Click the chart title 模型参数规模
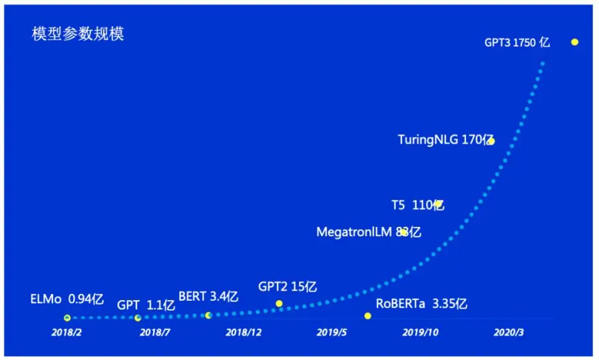[78, 35]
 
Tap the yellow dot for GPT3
[574, 42]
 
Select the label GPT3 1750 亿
[517, 42]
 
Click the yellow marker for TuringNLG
[491, 141]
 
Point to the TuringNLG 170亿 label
[445, 140]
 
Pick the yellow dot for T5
[439, 204]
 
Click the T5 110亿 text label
[417, 205]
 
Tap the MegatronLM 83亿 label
[368, 232]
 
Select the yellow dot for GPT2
[279, 303]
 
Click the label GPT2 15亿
[287, 287]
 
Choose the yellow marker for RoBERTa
[367, 315]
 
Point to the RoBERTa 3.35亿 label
[421, 304]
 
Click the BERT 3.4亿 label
[208, 297]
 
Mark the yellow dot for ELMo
[67, 318]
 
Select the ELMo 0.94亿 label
[67, 299]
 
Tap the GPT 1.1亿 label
[146, 305]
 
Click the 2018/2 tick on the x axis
[67, 332]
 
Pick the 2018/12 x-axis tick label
[244, 332]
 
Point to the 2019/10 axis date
[421, 332]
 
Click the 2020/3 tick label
[510, 332]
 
